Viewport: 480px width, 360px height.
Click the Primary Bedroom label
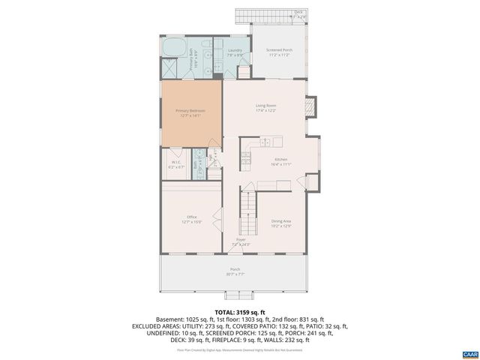coord(190,112)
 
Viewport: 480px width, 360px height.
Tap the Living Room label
coord(265,107)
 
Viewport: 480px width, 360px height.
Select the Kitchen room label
coord(280,161)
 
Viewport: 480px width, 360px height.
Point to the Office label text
coord(191,219)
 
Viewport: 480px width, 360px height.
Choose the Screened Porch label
coord(279,52)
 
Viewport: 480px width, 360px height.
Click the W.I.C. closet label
coord(175,163)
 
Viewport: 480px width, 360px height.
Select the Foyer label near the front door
coord(240,242)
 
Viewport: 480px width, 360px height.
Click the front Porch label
coord(235,271)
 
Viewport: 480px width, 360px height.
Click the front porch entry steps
coord(235,295)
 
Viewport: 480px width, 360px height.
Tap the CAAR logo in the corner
coord(469,352)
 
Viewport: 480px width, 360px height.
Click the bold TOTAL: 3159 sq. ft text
coord(240,312)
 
